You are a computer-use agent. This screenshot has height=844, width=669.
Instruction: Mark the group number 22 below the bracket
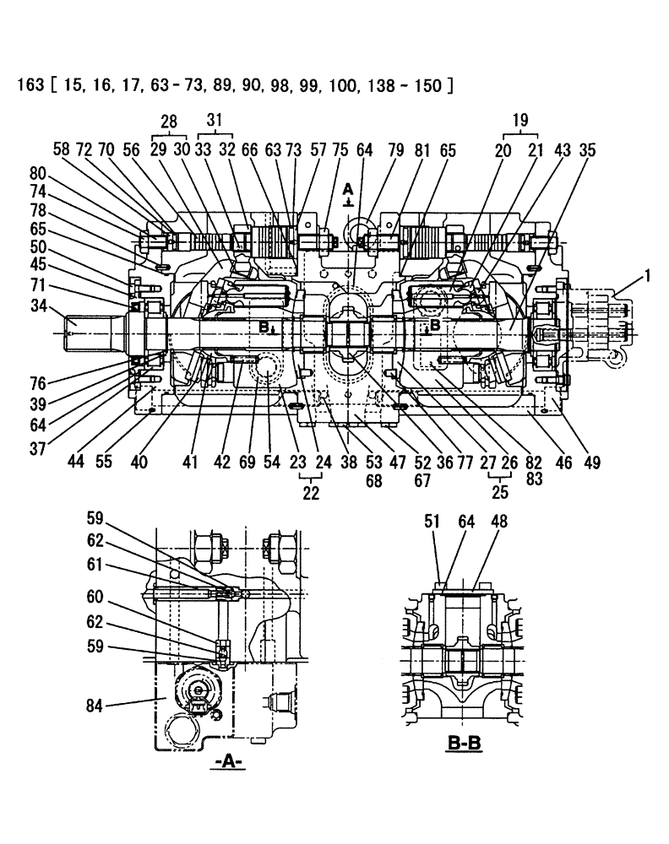point(311,494)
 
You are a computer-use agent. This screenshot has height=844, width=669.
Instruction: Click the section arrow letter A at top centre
point(348,189)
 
